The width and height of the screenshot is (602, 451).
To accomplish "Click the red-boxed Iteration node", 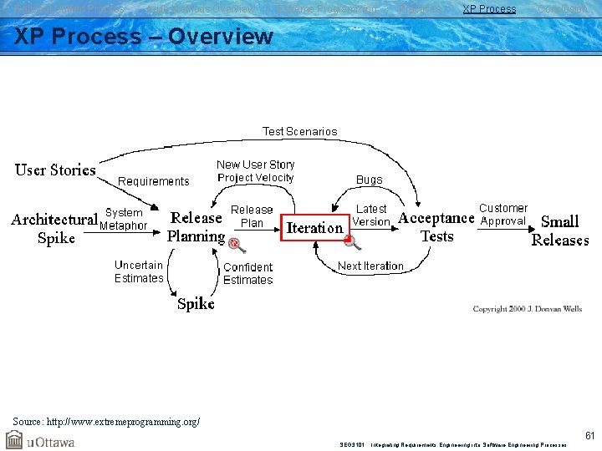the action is (315, 227).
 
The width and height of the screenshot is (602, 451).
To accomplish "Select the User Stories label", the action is (55, 170).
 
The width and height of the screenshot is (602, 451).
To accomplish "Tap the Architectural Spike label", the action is (55, 229).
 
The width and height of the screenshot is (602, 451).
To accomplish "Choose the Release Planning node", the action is (196, 226).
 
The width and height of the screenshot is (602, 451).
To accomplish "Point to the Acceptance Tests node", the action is (436, 227).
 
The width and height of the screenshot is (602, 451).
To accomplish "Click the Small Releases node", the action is (559, 231).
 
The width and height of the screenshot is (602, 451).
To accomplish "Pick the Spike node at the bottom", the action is (196, 304).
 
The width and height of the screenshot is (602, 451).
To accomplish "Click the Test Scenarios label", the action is (300, 131).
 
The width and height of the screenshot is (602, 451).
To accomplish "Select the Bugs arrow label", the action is (369, 180).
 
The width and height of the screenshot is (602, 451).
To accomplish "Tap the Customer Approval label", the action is (503, 215).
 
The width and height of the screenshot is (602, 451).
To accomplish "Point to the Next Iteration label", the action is (370, 266).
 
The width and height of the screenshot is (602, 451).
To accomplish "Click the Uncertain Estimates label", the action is (139, 271).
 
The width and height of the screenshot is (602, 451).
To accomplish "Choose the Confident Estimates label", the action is (248, 273).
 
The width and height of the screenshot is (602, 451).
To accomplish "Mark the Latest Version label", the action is (371, 215).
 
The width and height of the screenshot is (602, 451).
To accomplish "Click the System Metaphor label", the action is (124, 219).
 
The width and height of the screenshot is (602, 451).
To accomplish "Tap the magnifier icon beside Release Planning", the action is (235, 244).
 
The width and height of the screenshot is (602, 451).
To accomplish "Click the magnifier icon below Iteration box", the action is (352, 242).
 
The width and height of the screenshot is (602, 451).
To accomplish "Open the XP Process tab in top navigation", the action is (489, 9).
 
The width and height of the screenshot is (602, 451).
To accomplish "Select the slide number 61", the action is (589, 435).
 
